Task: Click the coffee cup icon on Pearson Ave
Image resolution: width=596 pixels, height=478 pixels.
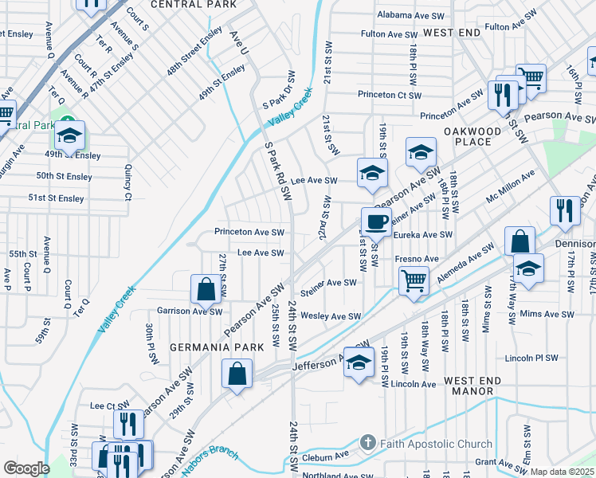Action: (x=375, y=220)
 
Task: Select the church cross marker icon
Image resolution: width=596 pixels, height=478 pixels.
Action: (x=367, y=441)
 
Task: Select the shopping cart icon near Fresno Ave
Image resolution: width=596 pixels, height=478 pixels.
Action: (x=414, y=279)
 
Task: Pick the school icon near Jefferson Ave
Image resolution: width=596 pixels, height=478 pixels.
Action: (x=359, y=361)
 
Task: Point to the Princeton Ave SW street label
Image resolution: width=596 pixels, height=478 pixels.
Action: (x=249, y=232)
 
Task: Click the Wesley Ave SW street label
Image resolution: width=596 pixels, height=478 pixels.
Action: (x=331, y=316)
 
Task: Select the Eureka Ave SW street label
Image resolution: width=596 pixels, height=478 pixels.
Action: (x=422, y=235)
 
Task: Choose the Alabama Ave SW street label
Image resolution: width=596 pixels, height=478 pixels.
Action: (x=410, y=15)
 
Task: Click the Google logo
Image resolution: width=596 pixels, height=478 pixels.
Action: (x=26, y=468)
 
